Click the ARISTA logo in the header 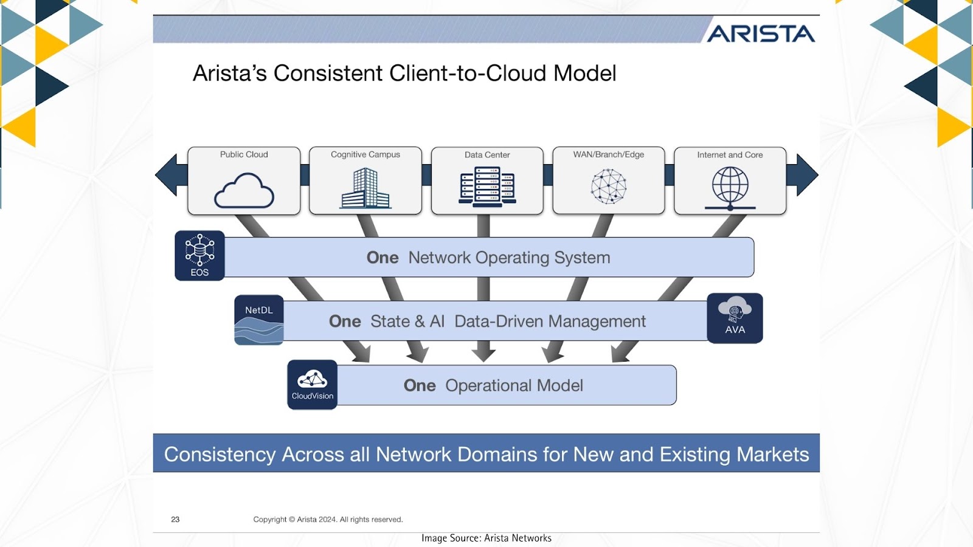point(761,33)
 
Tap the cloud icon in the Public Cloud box point(244,190)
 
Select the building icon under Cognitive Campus point(365,188)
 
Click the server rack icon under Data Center point(487,187)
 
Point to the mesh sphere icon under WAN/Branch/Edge point(609,186)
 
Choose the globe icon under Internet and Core point(730,188)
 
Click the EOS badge point(200,256)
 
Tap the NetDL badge point(259,320)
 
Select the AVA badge point(735,318)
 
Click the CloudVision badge point(313,385)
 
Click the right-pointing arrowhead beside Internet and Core point(808,175)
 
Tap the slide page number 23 point(175,519)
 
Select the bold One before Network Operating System point(383,258)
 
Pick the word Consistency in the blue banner point(220,455)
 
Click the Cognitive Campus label point(365,154)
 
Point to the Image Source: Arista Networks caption point(486,538)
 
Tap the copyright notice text point(328,519)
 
